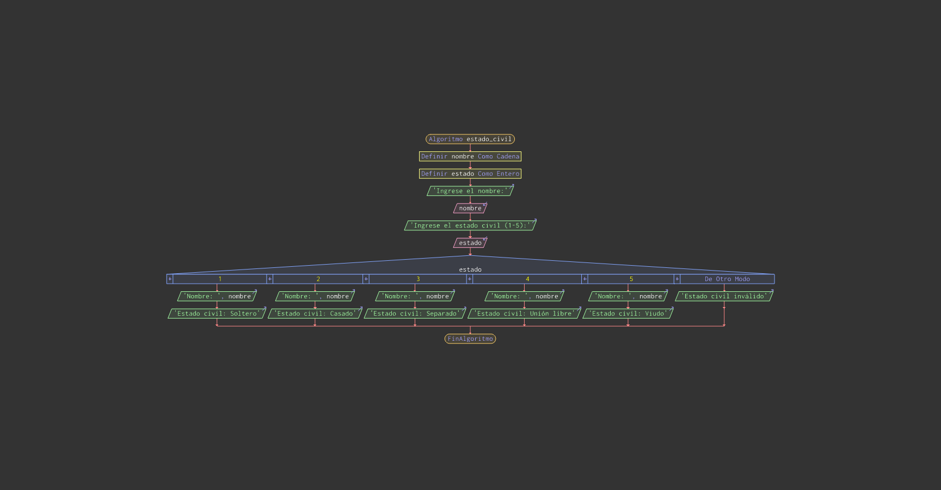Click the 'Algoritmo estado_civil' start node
tap(470, 139)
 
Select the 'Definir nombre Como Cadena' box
tap(470, 156)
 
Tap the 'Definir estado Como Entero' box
tap(470, 174)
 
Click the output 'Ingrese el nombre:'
tap(470, 191)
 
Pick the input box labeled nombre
tap(470, 208)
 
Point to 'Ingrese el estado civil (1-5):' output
tap(470, 225)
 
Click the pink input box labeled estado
tap(470, 243)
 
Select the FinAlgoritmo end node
tap(470, 339)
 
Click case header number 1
tap(220, 279)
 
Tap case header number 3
tap(418, 279)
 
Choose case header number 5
tap(631, 279)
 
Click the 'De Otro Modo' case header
tap(727, 279)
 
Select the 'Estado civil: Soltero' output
tap(217, 314)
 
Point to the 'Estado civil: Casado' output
tap(315, 314)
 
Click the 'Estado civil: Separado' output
tap(415, 314)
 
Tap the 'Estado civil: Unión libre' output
tap(525, 314)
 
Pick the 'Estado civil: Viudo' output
tap(628, 314)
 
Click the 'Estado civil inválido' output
tap(724, 296)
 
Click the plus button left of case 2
tap(269, 279)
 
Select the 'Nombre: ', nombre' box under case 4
tap(525, 296)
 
